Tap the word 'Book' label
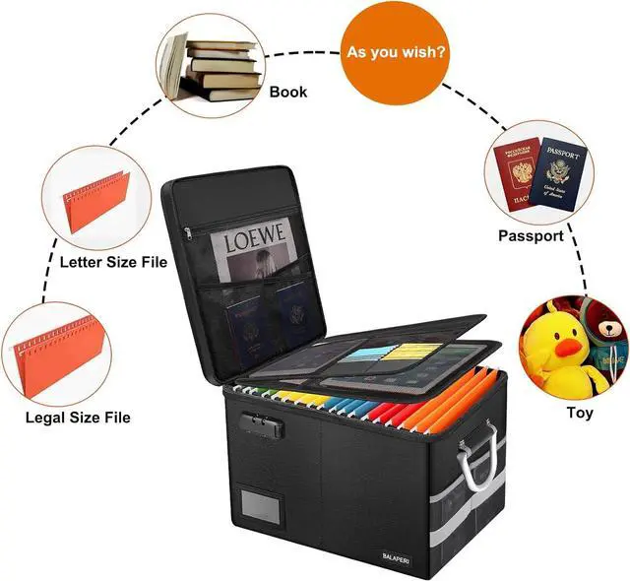tap(288, 93)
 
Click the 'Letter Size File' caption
tap(113, 263)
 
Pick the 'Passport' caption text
tap(531, 236)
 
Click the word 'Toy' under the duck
tap(580, 413)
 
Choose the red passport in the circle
tap(517, 175)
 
